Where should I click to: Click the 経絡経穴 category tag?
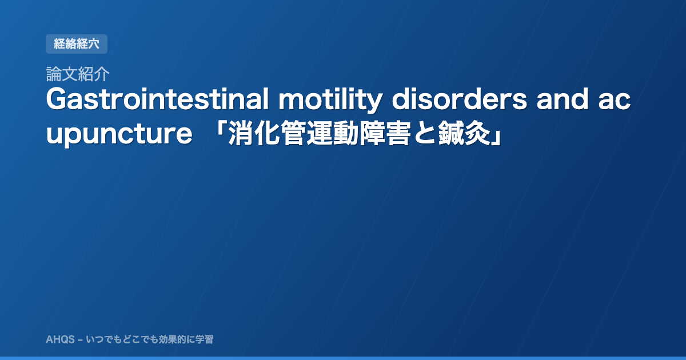pyautogui.click(x=77, y=44)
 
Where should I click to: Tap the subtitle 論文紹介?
pyautogui.click(x=78, y=74)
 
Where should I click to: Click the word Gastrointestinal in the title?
pyautogui.click(x=157, y=99)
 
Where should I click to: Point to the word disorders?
pyautogui.click(x=460, y=99)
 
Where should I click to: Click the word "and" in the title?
pyautogui.click(x=563, y=99)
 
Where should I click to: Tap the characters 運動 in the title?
pyautogui.click(x=333, y=134)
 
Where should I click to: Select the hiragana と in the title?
pyautogui.click(x=424, y=134)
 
